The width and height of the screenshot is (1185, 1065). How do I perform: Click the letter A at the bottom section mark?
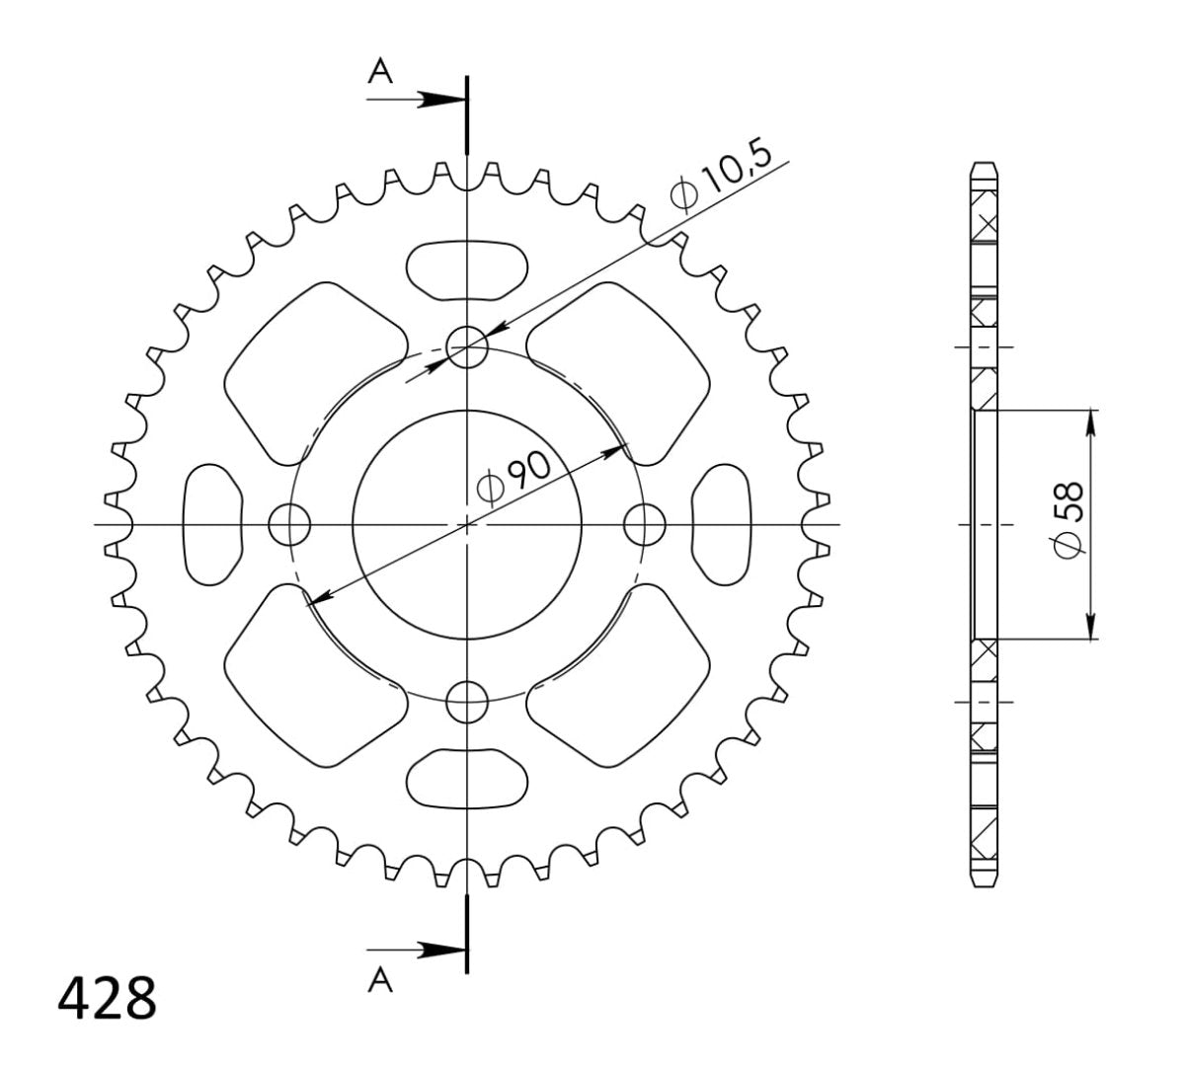pyautogui.click(x=378, y=979)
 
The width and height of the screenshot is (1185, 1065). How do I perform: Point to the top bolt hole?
pyautogui.click(x=467, y=346)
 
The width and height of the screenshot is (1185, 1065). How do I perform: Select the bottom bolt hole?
pyautogui.click(x=467, y=703)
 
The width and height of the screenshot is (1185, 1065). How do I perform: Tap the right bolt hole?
pyautogui.click(x=646, y=523)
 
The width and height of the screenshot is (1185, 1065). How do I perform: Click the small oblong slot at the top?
pyautogui.click(x=467, y=269)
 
